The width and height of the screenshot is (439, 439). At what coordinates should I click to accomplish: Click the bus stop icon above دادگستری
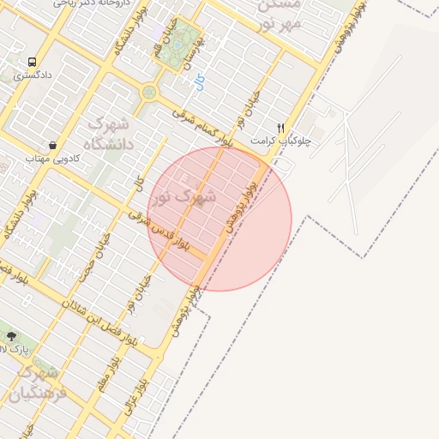point(32,63)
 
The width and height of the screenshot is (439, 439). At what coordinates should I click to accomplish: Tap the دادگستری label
point(33,75)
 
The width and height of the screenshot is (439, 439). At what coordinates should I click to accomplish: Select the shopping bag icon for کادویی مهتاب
point(53,145)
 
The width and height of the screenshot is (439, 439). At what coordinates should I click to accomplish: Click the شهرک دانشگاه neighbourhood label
point(111,133)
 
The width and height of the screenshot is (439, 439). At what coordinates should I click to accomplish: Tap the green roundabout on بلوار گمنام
point(149,90)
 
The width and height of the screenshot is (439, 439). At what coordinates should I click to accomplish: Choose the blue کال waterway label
point(199,82)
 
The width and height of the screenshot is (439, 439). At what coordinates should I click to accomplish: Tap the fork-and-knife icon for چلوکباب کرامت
point(280,128)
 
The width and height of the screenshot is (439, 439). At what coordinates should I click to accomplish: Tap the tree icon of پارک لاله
point(11,336)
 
